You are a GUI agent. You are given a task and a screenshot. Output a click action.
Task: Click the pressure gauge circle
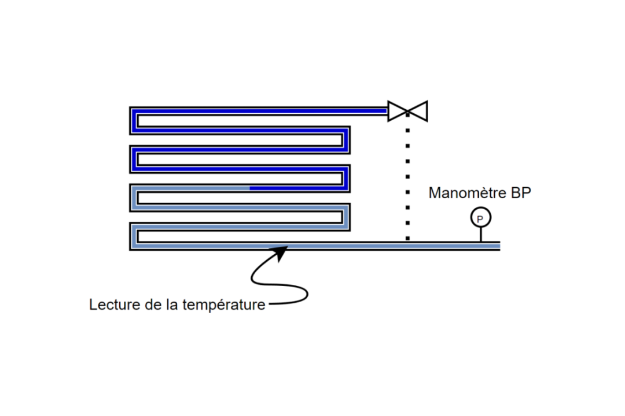pyautogui.click(x=480, y=218)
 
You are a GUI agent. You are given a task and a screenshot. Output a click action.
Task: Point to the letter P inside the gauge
pyautogui.click(x=480, y=218)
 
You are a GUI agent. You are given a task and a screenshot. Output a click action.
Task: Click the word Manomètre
pyautogui.click(x=466, y=193)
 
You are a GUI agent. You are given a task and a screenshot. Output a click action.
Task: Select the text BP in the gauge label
pyautogui.click(x=520, y=193)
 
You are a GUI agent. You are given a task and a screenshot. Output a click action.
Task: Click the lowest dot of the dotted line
pyautogui.click(x=408, y=237)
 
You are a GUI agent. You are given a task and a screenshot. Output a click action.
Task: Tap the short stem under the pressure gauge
pyautogui.click(x=480, y=234)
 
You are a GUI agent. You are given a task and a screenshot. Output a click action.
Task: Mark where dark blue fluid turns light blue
pyautogui.click(x=250, y=188)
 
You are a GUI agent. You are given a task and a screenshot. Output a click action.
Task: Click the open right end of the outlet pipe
pyautogui.click(x=498, y=246)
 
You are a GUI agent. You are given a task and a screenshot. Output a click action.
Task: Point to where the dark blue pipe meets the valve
pyautogui.click(x=386, y=110)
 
